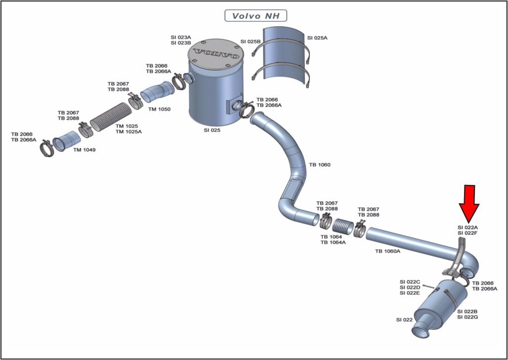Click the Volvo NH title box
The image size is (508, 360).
(255, 15)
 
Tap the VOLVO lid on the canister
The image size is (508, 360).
(215, 54)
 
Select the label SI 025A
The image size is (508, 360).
(317, 38)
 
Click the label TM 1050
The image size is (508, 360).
(160, 109)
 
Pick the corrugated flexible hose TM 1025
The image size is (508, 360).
(111, 116)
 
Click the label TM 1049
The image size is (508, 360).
(84, 150)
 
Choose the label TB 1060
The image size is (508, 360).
(320, 165)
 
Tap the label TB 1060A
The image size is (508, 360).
(388, 251)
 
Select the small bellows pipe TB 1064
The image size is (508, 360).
(344, 226)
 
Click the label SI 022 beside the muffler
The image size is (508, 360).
(404, 320)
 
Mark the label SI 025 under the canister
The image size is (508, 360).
(212, 131)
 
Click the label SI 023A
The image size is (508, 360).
(181, 37)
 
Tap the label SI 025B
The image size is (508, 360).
(251, 42)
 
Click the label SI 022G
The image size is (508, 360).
(467, 317)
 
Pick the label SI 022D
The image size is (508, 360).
(410, 287)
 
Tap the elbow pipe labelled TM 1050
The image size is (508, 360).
(158, 91)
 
